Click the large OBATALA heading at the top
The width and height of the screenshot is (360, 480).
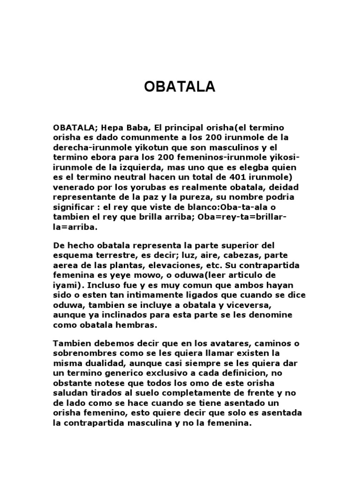(180, 87)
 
